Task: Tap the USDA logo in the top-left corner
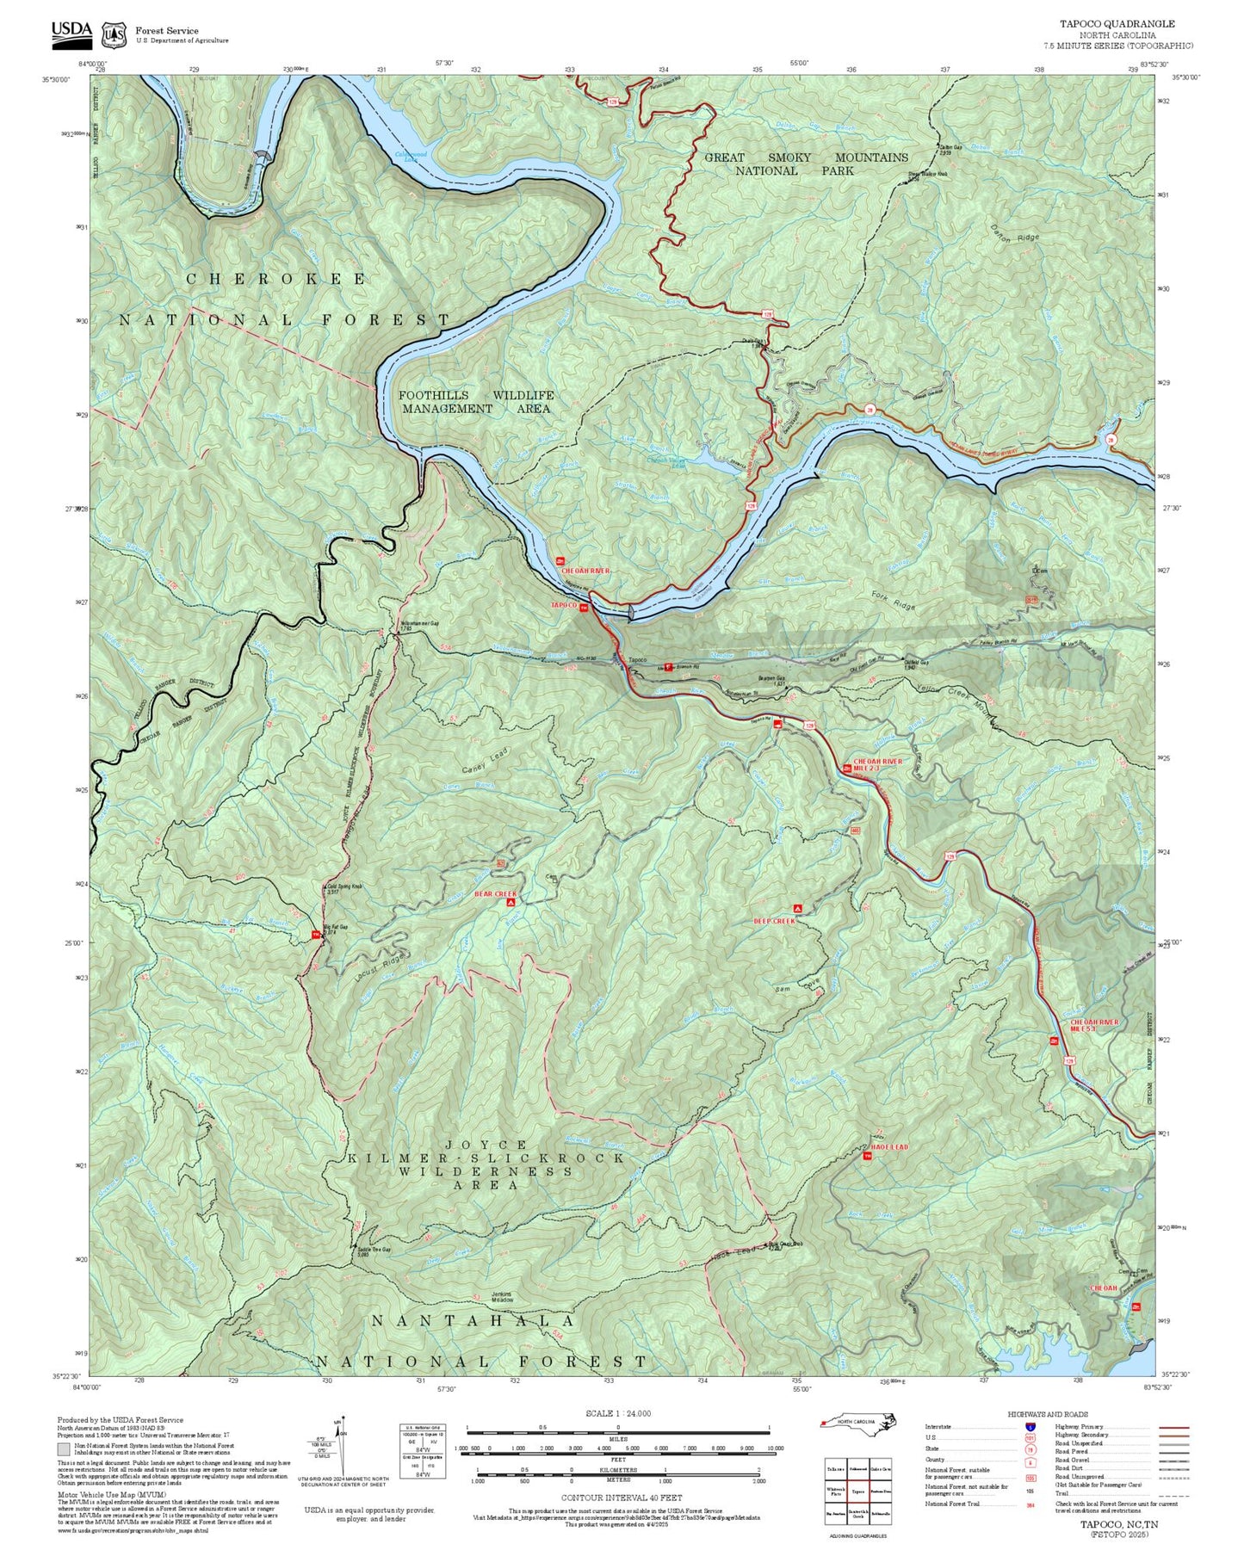click(71, 32)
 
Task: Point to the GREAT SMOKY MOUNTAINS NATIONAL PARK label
click(806, 164)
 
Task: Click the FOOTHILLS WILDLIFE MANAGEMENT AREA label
click(476, 402)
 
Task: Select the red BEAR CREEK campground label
click(495, 894)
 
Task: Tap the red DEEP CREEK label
click(774, 921)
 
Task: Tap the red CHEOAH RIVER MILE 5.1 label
click(1094, 1025)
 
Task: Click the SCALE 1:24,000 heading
click(617, 1413)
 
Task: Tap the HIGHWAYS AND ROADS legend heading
click(1047, 1414)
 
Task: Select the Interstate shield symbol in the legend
click(1030, 1427)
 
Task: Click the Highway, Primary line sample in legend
click(1174, 1427)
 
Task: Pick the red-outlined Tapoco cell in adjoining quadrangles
click(857, 1492)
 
